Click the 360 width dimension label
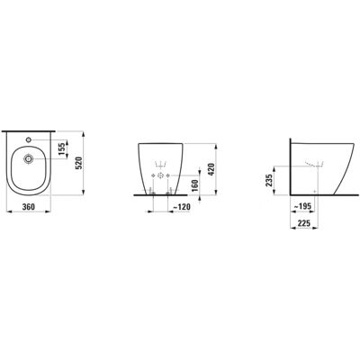[x=29, y=207]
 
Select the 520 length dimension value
[x=78, y=163]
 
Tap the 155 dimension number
[x=62, y=149]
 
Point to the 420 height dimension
[x=211, y=169]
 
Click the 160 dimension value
[x=194, y=185]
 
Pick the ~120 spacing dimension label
[x=182, y=207]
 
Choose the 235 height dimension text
[x=269, y=180]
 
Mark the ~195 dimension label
[x=302, y=206]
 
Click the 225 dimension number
[x=304, y=223]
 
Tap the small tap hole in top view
[x=29, y=139]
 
